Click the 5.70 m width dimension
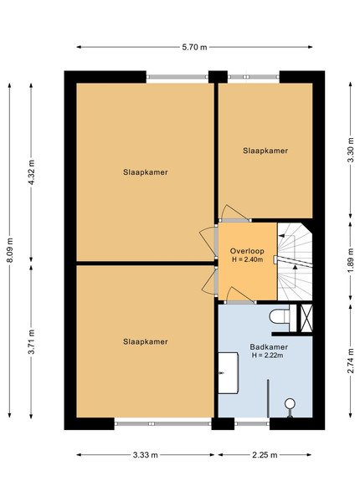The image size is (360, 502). click(x=194, y=48)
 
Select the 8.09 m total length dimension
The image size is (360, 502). click(x=10, y=250)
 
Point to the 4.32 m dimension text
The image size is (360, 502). click(x=31, y=172)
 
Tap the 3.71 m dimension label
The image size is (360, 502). click(x=31, y=341)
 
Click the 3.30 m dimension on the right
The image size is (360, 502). click(x=351, y=150)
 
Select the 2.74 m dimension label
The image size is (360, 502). click(x=351, y=361)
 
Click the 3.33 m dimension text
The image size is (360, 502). click(x=146, y=455)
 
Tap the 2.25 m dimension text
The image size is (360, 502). click(x=265, y=455)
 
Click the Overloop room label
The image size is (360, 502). click(x=247, y=251)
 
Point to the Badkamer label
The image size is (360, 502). click(x=269, y=346)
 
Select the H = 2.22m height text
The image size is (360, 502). click(x=267, y=355)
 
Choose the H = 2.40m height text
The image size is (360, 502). click(x=247, y=259)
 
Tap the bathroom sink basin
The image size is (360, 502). click(x=228, y=373)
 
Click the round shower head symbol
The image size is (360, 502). click(x=290, y=404)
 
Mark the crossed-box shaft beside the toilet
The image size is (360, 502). click(x=306, y=318)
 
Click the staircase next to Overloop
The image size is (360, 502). click(x=295, y=262)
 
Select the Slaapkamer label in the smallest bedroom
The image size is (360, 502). click(x=265, y=151)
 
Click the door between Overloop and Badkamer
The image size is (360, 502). click(x=240, y=296)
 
